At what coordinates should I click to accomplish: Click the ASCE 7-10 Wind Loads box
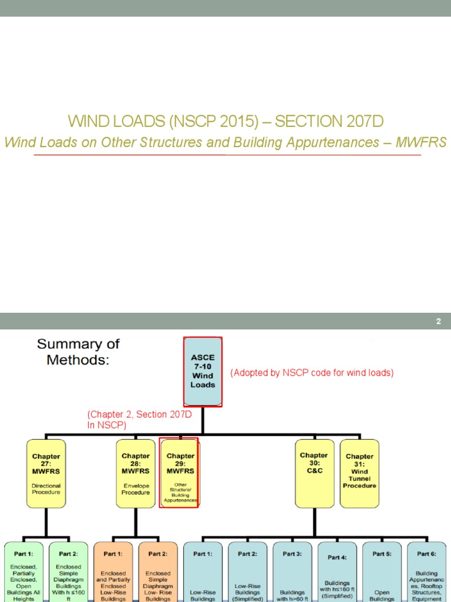(x=203, y=371)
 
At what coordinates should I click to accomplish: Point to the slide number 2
(x=438, y=322)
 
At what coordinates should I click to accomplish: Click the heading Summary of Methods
(x=78, y=352)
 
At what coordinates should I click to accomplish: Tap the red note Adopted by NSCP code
(x=312, y=373)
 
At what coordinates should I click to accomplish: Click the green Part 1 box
(x=25, y=573)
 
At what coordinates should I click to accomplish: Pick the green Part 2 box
(x=68, y=573)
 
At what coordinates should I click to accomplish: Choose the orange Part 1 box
(x=113, y=573)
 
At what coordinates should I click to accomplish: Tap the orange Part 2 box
(x=158, y=573)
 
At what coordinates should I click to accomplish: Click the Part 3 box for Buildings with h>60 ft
(x=292, y=573)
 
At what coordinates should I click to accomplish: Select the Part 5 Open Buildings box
(x=382, y=573)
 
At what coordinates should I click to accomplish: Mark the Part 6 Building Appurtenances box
(x=426, y=573)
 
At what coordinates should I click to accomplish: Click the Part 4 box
(x=336, y=573)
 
